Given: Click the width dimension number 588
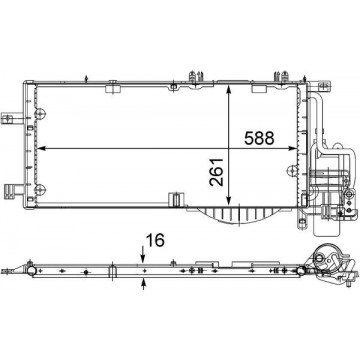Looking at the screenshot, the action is [x=259, y=138].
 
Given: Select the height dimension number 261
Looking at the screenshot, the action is [x=216, y=171].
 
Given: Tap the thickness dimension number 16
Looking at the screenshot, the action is [x=155, y=240].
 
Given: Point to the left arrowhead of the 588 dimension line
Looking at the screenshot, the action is [x=41, y=148].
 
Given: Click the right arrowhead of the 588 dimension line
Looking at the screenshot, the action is [x=292, y=148].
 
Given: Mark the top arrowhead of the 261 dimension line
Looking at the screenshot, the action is [x=228, y=90].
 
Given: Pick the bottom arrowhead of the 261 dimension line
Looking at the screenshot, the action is [x=228, y=201].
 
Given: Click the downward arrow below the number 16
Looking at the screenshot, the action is [x=143, y=255].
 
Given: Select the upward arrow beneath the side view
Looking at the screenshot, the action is [x=144, y=284].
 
